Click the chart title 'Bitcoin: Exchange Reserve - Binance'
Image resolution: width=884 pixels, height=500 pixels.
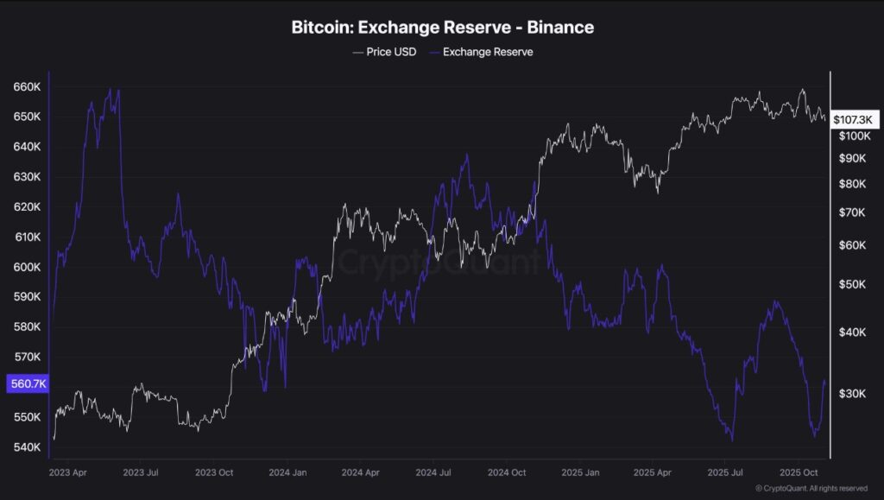(x=442, y=27)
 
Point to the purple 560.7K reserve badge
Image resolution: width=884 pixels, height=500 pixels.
(x=27, y=384)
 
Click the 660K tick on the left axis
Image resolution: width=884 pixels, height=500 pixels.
(x=27, y=87)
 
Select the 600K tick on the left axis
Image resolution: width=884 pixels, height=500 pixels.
(x=27, y=267)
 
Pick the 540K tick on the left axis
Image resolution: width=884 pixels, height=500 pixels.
(x=27, y=447)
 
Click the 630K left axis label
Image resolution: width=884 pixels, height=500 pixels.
(x=27, y=177)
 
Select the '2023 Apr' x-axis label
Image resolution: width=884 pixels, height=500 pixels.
(x=68, y=473)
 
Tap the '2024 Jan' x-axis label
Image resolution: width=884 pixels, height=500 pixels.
(x=288, y=473)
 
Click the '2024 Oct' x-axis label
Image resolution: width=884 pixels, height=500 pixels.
(x=507, y=473)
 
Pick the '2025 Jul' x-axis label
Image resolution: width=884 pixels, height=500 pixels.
(x=726, y=473)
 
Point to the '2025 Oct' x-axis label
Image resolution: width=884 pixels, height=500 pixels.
(x=799, y=473)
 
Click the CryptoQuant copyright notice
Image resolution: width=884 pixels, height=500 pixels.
(x=811, y=489)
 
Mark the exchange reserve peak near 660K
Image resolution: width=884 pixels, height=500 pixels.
(x=110, y=89)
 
